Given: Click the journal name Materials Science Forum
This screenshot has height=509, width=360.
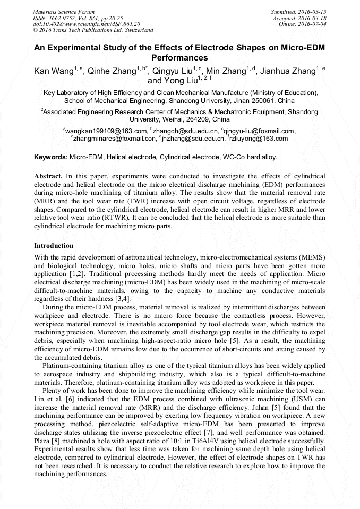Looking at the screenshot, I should pyautogui.click(x=64, y=11).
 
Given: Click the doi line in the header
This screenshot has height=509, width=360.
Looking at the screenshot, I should pyautogui.click(x=87, y=24).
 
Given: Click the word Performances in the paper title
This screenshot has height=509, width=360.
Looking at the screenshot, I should pyautogui.click(x=179, y=58).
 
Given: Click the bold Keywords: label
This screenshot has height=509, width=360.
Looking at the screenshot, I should pyautogui.click(x=51, y=158).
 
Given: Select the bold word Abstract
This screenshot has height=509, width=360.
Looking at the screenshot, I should pyautogui.click(x=48, y=175).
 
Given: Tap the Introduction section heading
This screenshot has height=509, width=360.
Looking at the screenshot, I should pyautogui.click(x=54, y=246).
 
